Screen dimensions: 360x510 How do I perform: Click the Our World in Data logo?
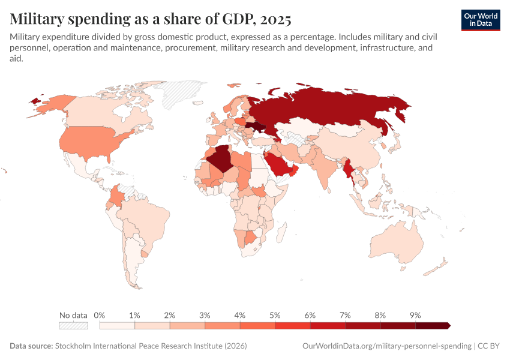coord(480,20)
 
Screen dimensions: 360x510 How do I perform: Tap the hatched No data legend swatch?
coord(73,326)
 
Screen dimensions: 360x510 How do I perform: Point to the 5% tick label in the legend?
coord(275,315)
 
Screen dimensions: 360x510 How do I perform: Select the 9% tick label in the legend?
coord(415,315)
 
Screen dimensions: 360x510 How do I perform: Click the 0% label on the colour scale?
coord(100,315)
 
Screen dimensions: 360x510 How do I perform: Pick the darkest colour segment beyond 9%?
coord(433,326)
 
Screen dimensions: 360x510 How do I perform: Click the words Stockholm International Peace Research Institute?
coord(150,346)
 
